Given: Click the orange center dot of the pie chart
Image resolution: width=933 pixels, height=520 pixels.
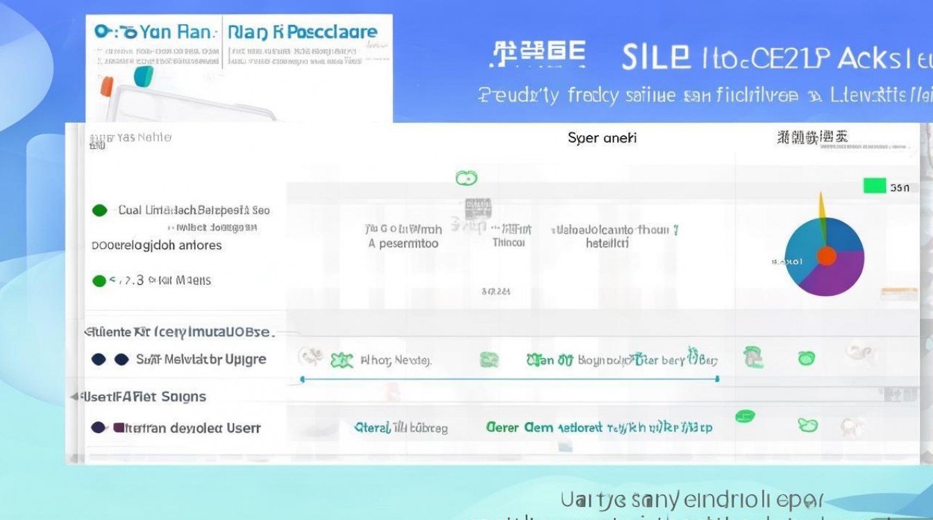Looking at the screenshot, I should [x=826, y=256].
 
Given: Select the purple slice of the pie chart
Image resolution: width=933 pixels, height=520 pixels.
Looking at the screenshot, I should [x=837, y=277].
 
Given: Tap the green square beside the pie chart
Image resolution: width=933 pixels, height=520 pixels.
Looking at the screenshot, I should [x=874, y=186].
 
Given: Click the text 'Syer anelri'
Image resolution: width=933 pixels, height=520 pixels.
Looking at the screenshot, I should [x=602, y=138].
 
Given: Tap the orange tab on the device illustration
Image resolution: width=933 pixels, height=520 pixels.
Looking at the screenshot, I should [x=106, y=86].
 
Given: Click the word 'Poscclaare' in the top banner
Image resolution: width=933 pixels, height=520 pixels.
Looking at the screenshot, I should [x=332, y=33].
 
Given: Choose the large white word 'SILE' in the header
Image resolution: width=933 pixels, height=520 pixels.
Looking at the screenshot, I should [x=655, y=58].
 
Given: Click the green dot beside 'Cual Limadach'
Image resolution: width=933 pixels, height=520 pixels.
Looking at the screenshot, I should [x=99, y=210].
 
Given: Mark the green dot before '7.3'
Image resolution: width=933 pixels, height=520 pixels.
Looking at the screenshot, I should [x=99, y=281].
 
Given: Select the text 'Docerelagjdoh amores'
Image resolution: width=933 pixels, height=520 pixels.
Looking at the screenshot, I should [x=157, y=245].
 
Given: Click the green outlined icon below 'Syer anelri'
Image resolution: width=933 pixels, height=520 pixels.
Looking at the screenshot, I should [x=466, y=179].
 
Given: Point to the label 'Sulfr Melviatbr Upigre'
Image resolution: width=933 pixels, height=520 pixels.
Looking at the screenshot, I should [x=201, y=359].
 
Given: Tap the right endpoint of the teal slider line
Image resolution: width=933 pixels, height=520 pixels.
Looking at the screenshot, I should [x=717, y=379].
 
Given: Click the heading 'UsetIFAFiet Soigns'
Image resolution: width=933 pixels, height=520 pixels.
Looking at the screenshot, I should [x=144, y=397].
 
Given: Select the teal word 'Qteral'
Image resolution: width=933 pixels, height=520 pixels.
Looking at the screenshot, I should [x=371, y=428].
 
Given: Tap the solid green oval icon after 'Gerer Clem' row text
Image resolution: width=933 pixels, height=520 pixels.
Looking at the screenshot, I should [x=745, y=417].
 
